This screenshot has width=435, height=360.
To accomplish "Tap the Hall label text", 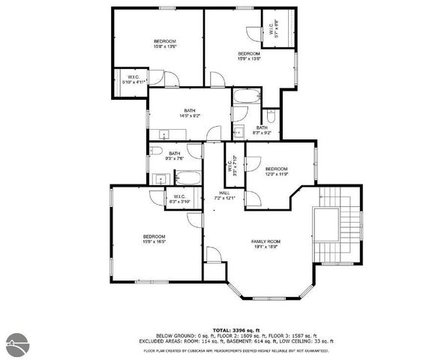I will coord(224,196).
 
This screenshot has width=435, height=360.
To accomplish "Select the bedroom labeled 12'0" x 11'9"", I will coord(276,171).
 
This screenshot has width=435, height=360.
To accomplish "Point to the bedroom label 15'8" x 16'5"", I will coord(154,239).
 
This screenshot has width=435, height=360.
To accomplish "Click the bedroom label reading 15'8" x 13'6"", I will coord(164,43).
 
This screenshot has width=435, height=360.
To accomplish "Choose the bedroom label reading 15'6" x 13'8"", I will coord(249,56).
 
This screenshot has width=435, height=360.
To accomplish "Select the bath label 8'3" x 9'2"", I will coord(262,130).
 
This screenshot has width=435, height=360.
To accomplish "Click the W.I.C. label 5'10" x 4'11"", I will coord(133,79).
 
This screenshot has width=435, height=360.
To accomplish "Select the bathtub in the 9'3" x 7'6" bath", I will coord(187,178).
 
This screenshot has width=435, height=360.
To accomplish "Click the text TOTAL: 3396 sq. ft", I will coord(235,329).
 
